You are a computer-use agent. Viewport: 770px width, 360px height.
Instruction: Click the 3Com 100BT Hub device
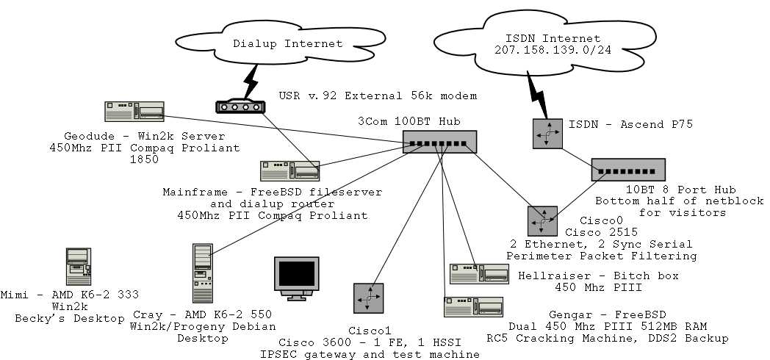point(439,143)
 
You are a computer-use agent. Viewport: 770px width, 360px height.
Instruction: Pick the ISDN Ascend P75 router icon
point(547,134)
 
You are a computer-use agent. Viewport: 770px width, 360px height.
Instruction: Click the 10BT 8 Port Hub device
point(628,170)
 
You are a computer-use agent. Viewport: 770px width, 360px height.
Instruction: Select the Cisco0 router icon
point(542,221)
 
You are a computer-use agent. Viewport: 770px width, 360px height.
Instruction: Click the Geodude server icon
point(134,112)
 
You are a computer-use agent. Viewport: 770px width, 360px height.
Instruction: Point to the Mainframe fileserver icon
point(289,172)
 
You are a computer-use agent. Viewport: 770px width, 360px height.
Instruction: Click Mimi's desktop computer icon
point(76,266)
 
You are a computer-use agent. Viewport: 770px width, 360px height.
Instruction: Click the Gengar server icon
point(473,306)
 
